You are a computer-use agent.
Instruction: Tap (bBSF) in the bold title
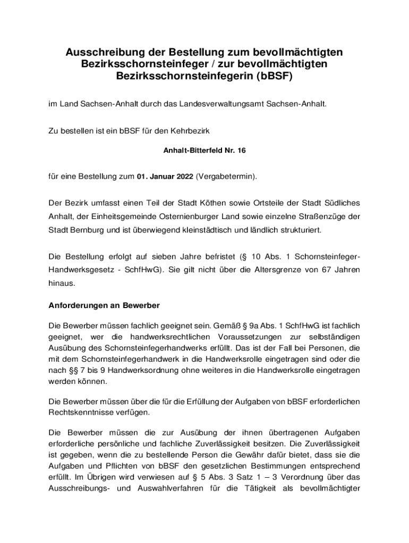point(273,76)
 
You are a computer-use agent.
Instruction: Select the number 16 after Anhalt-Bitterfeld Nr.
point(241,151)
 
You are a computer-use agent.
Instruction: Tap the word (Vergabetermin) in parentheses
point(226,176)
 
